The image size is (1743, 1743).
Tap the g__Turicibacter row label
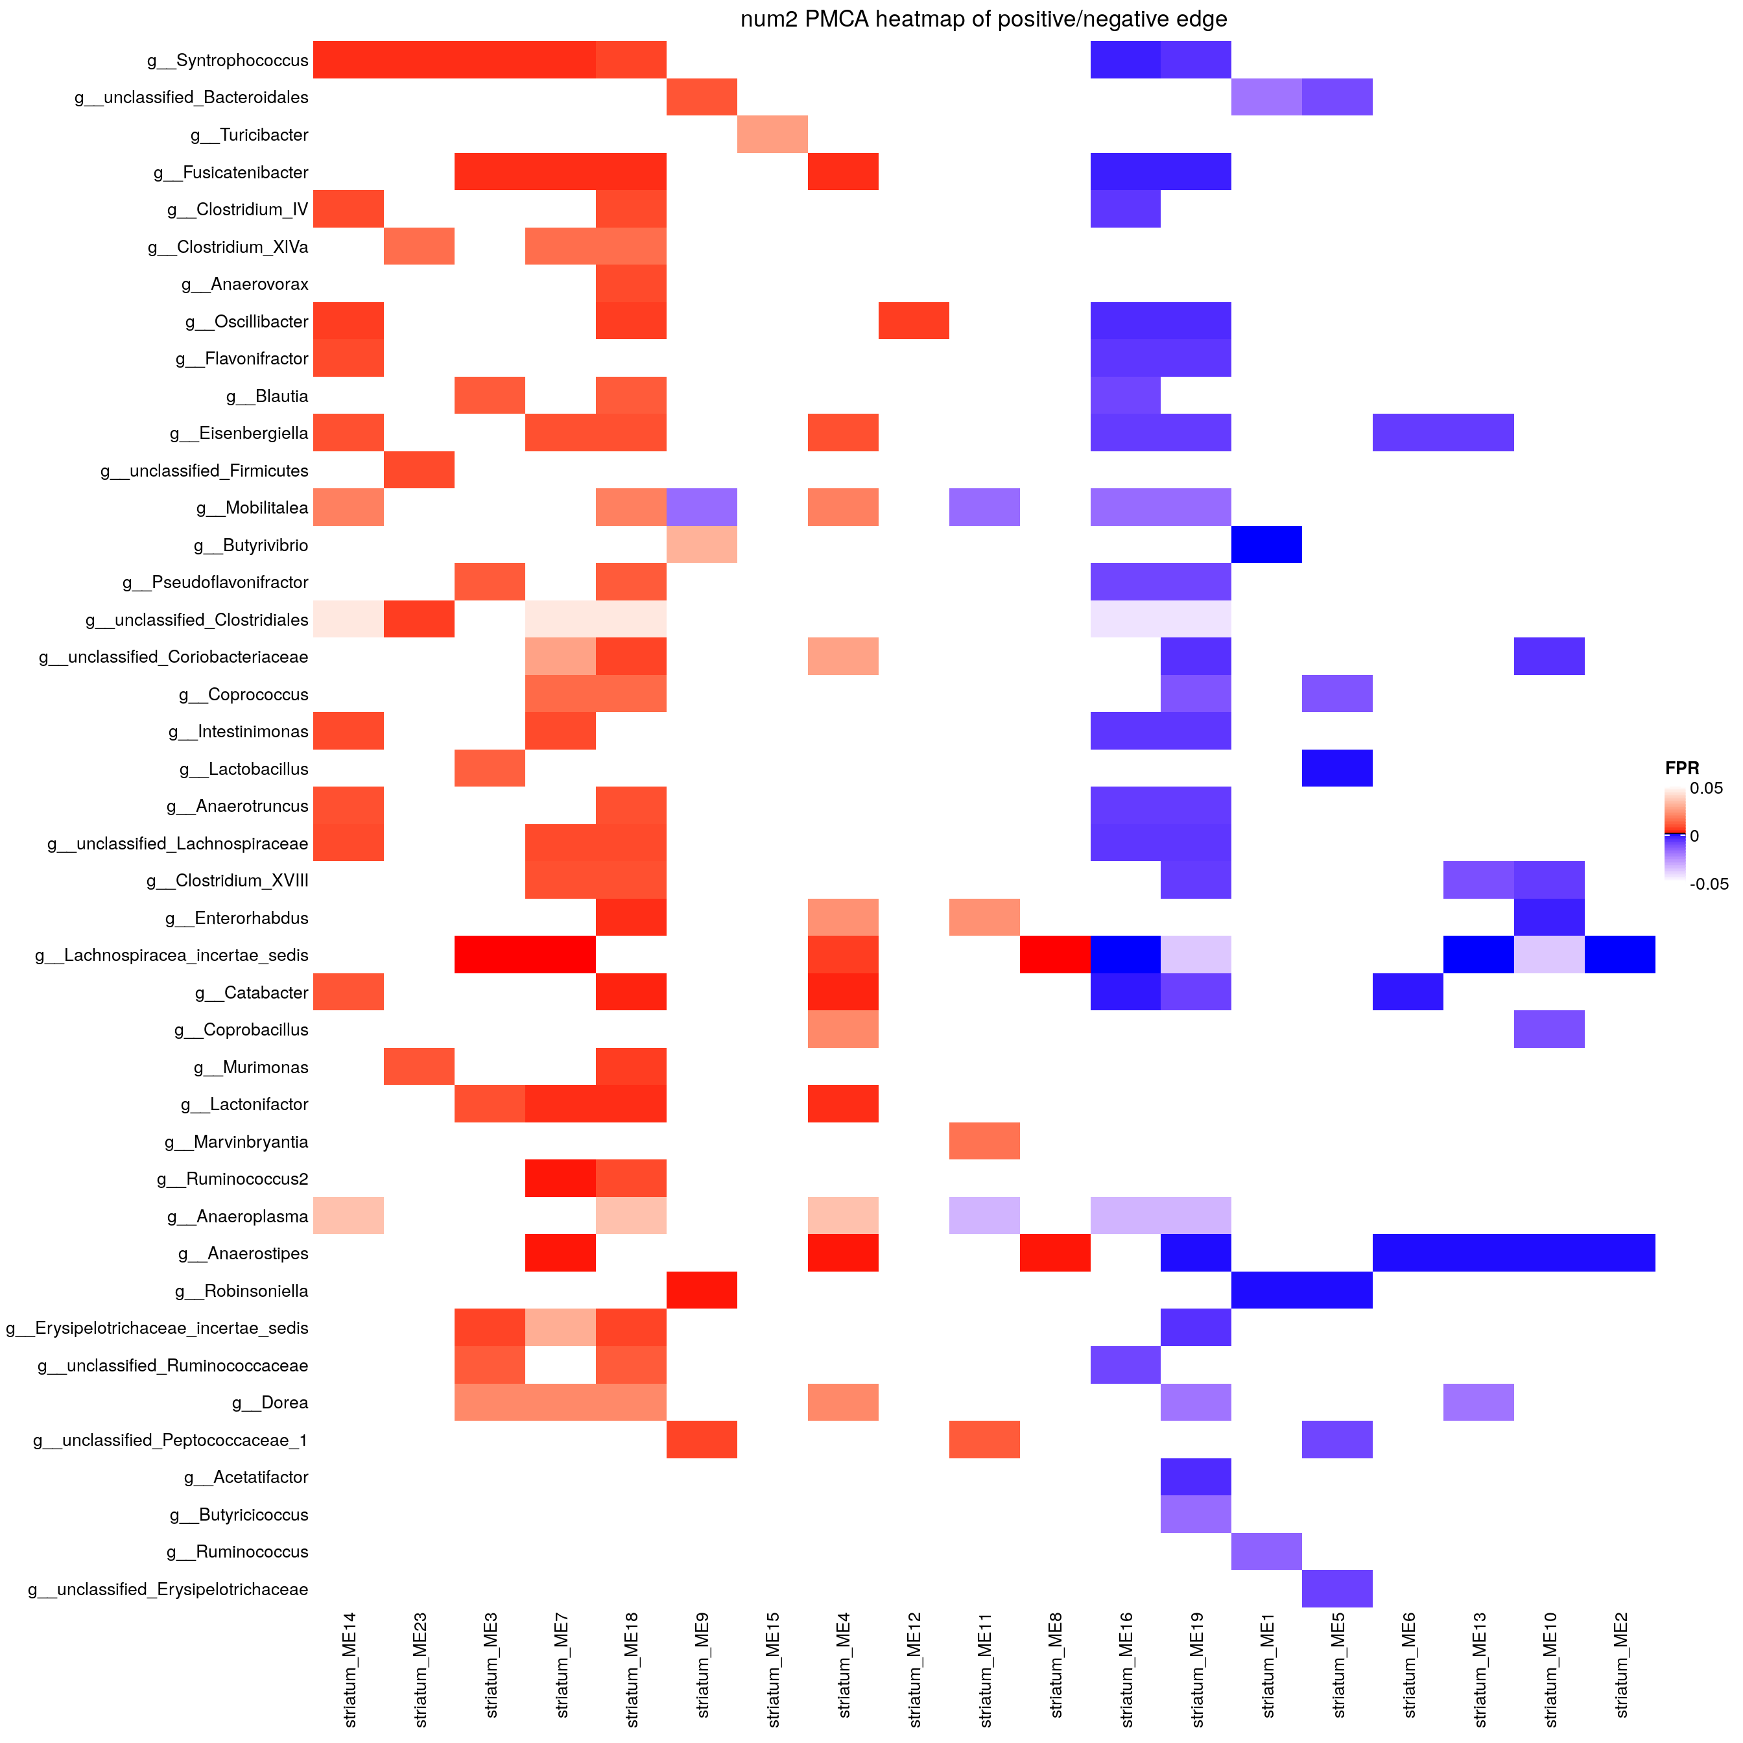click(249, 136)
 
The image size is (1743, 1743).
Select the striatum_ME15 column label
click(773, 1669)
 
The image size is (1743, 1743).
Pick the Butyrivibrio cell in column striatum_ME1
click(1266, 545)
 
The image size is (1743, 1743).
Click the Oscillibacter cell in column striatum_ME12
click(914, 321)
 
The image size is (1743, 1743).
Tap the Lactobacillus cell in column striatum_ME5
click(1337, 768)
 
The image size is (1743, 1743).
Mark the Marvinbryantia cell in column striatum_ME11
click(984, 1141)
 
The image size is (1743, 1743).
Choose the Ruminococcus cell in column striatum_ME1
click(1266, 1552)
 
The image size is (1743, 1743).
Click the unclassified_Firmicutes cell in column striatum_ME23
click(420, 470)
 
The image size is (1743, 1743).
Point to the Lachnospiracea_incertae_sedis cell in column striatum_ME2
click(1619, 954)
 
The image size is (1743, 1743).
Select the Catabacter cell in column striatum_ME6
click(1407, 992)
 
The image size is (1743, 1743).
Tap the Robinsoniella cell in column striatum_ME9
click(702, 1290)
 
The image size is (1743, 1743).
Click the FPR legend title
click(1681, 768)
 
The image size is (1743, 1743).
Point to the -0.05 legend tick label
click(1709, 884)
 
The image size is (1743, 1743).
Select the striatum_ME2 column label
click(1621, 1669)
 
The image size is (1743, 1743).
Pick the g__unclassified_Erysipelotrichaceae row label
click(168, 1589)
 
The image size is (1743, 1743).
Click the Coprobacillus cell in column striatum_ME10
click(1549, 1029)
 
